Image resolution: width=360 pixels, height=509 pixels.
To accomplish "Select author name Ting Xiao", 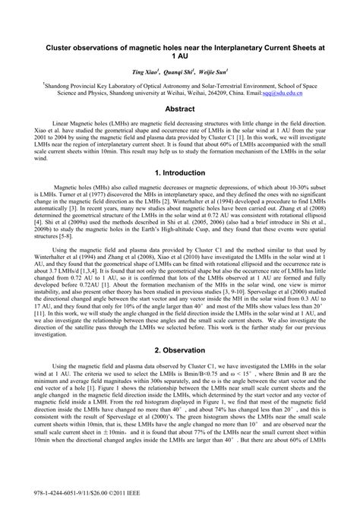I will (x=145, y=72).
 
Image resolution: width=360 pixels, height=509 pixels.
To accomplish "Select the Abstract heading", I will (x=179, y=109).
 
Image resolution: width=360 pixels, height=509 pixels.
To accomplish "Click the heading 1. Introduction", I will (x=180, y=173).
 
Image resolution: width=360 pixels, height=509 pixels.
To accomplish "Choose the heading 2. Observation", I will (x=180, y=351).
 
